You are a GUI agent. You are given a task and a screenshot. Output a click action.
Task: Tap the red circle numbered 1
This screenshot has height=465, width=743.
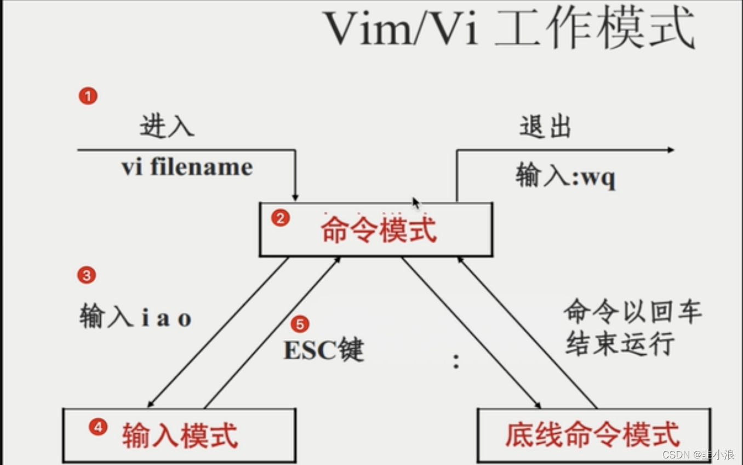[x=88, y=97]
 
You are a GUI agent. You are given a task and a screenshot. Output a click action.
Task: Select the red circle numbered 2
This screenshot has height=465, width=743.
[x=280, y=219]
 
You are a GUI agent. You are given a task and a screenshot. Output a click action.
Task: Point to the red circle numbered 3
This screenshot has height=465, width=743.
[x=87, y=275]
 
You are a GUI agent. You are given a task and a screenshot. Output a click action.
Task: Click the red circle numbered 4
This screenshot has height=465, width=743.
[x=98, y=427]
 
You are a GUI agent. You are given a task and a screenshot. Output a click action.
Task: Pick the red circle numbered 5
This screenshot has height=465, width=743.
[x=299, y=325]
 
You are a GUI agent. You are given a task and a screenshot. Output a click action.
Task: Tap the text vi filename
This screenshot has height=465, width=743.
[x=187, y=167]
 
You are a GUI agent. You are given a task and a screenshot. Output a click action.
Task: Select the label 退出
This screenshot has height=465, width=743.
[x=545, y=127]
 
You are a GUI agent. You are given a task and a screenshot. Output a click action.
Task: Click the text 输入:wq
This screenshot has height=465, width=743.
[x=565, y=177]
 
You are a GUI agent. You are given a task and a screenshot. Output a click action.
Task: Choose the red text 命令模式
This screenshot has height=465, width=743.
[x=379, y=230]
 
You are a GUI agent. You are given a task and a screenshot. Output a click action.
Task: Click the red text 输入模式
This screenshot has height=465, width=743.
[x=180, y=435]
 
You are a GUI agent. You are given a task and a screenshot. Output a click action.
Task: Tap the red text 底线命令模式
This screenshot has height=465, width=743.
[x=592, y=435]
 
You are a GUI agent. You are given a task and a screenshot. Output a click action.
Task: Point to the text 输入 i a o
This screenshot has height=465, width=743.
[x=135, y=318]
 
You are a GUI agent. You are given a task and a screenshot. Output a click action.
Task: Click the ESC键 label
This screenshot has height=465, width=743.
[x=323, y=350]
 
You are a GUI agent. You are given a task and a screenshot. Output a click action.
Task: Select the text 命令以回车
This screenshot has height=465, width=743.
[x=633, y=313]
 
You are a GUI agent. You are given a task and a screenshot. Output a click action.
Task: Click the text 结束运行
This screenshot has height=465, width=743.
[x=620, y=344]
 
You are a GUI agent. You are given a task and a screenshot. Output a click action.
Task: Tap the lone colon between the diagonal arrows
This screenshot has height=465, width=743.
[x=456, y=361]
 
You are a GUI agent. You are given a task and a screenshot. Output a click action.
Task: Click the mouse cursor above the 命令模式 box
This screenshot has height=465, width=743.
[x=416, y=203]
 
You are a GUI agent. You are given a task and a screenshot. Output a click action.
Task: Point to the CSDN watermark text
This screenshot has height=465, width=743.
[x=698, y=455]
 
